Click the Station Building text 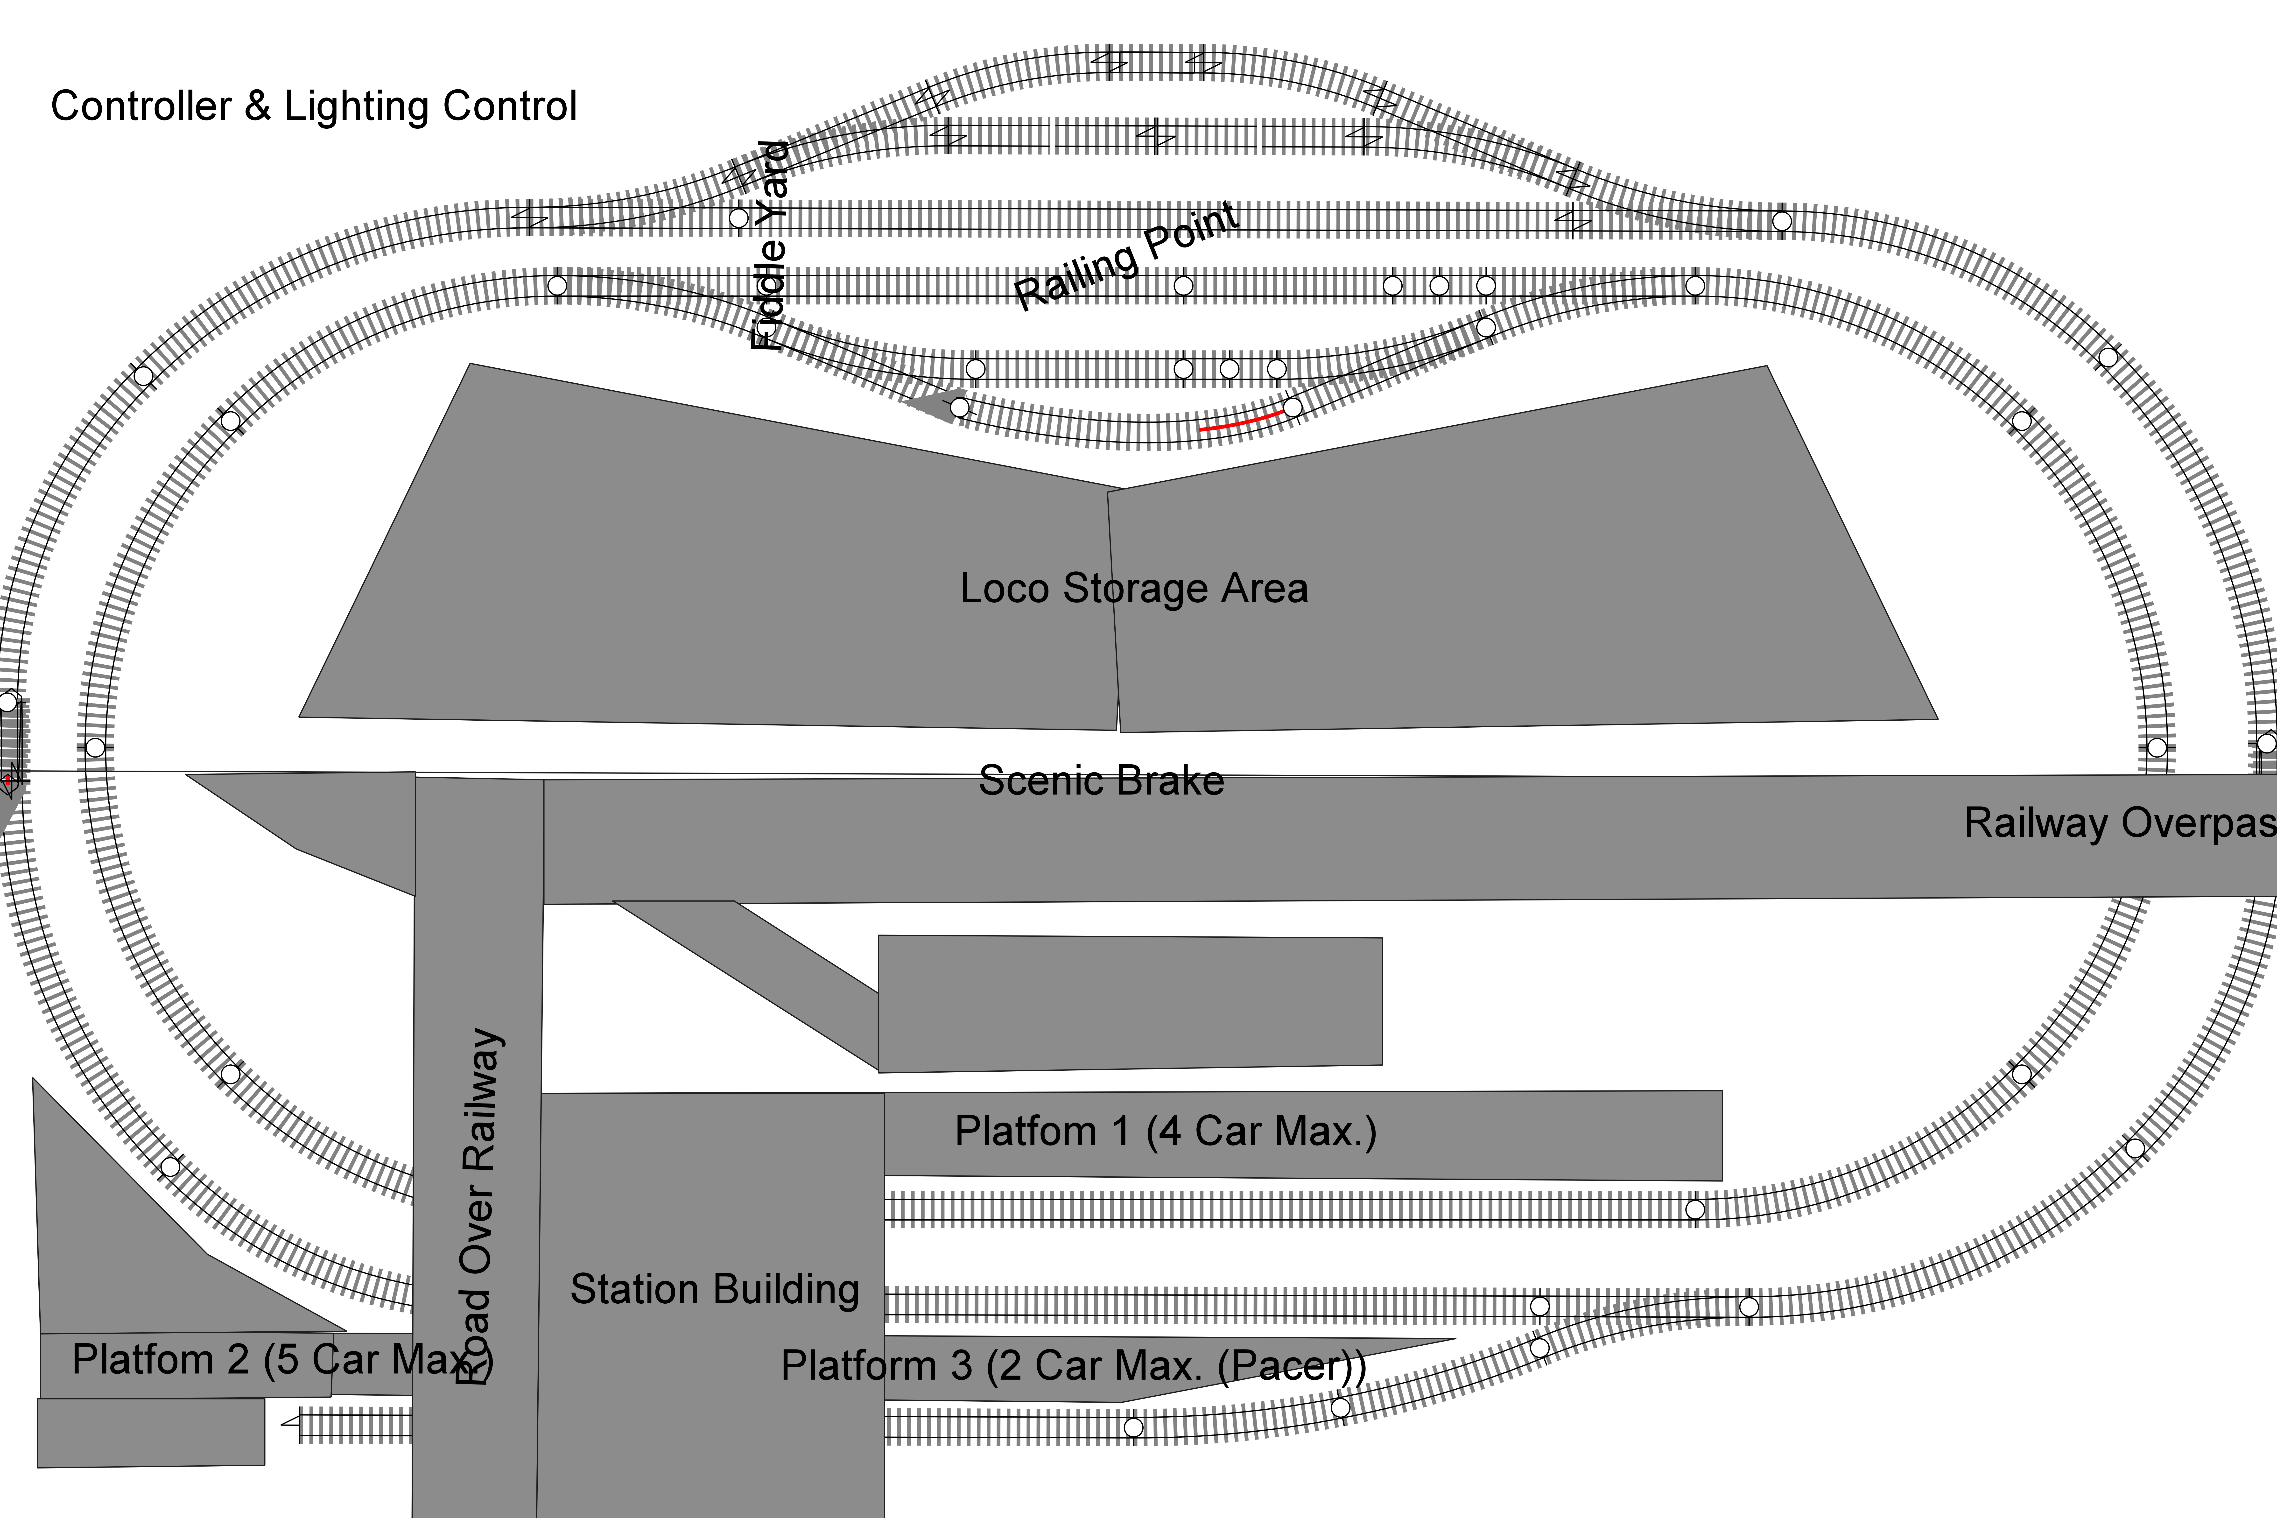[x=715, y=1290]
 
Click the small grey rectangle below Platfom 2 [x=151, y=1432]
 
